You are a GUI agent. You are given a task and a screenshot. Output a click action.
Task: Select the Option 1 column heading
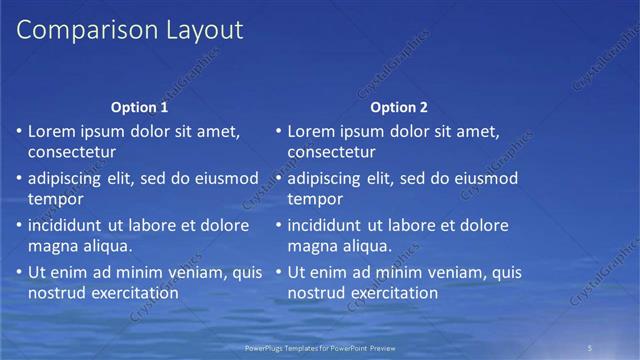139,107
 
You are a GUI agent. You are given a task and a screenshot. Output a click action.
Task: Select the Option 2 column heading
399,107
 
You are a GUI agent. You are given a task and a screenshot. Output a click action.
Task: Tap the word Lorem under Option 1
51,131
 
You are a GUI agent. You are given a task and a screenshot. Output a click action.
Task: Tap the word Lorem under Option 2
311,131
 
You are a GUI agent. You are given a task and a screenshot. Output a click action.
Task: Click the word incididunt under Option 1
68,225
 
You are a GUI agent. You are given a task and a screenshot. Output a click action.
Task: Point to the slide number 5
591,348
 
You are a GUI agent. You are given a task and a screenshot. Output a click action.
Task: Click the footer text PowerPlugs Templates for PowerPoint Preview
320,348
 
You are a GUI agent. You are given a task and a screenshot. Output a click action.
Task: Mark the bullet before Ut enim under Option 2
278,272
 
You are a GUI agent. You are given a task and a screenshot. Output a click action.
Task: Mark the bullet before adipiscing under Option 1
18,179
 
